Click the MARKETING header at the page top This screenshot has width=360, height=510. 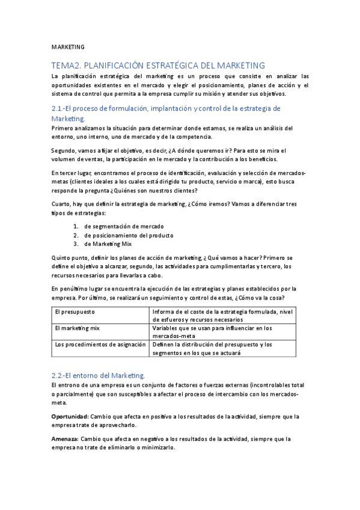[68, 46]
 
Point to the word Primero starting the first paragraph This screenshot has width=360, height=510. [64, 128]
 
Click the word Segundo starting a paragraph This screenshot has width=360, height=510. [66, 150]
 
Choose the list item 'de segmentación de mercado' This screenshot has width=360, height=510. [123, 226]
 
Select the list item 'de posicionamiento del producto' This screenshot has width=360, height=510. [129, 235]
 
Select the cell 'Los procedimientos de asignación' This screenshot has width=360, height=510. [100, 345]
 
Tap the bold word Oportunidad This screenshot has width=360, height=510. [70, 416]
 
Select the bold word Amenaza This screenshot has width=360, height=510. [65, 438]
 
